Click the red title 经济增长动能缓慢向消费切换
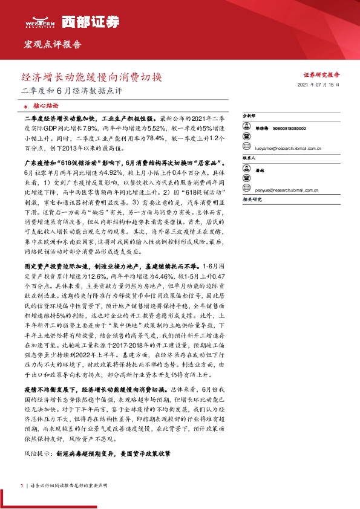(x=92, y=78)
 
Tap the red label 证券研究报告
(x=321, y=75)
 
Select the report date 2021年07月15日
(x=319, y=86)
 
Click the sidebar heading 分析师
(x=249, y=115)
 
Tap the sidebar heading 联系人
(x=249, y=158)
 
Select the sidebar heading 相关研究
(x=251, y=199)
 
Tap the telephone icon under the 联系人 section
(x=247, y=180)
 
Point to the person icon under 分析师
(x=247, y=128)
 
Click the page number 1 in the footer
(x=22, y=486)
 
